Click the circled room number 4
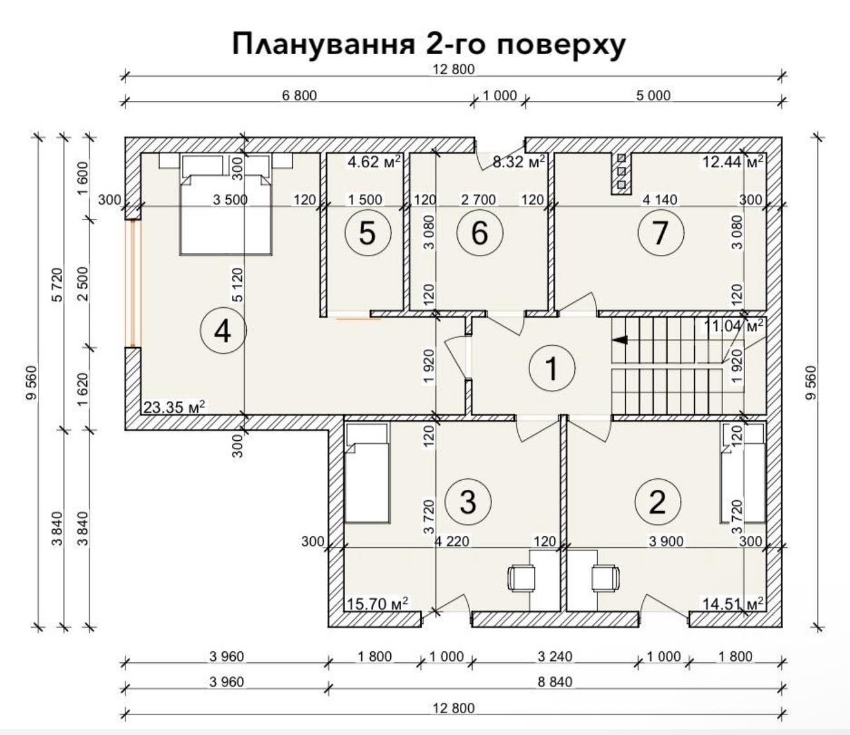(x=223, y=331)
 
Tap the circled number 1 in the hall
(x=552, y=368)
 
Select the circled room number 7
(x=661, y=233)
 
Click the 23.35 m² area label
(x=174, y=407)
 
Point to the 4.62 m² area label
(x=373, y=162)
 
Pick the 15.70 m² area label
(x=377, y=604)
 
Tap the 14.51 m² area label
(x=733, y=604)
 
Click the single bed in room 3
(x=367, y=473)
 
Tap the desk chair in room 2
(x=605, y=579)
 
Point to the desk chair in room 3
(x=522, y=579)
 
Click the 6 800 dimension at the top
(x=299, y=95)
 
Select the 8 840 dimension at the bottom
(x=554, y=682)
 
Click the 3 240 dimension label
(x=554, y=656)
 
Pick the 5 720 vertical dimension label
(x=58, y=284)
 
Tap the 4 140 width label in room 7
(x=659, y=200)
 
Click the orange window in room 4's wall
(x=133, y=284)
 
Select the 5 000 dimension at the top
(x=654, y=95)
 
